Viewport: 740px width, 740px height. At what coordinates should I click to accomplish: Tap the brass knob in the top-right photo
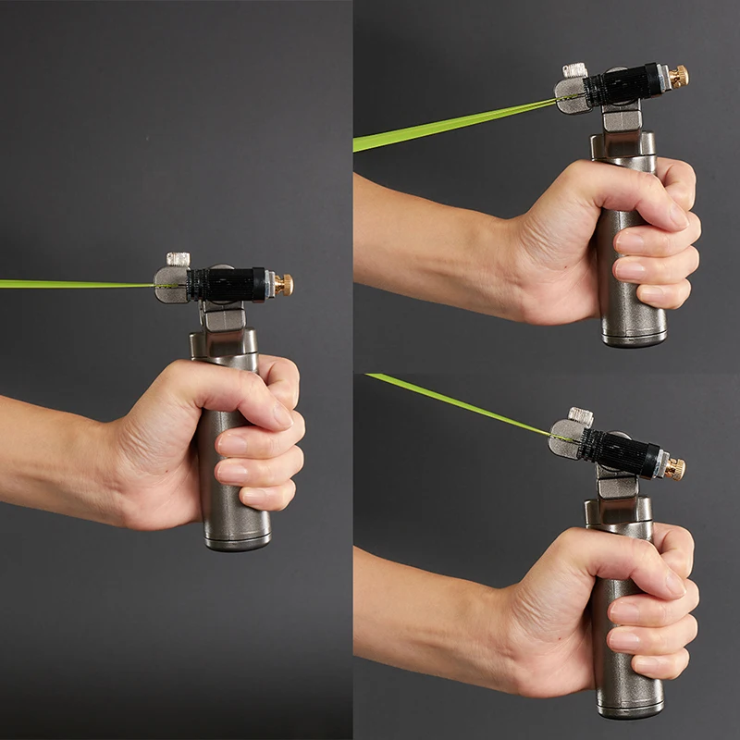coord(678,77)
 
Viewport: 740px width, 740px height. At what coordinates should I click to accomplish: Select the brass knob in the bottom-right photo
coord(674,468)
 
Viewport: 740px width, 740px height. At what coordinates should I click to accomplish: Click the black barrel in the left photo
coord(227,284)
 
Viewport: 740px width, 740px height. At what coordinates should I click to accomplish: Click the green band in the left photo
coord(74,284)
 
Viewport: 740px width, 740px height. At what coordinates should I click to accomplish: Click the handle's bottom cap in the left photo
coord(237,542)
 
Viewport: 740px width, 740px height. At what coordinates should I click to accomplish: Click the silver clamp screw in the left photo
coord(178,258)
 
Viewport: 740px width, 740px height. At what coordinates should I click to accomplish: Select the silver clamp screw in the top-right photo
coord(575,69)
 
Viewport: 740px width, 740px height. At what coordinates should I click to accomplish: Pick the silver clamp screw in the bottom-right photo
coord(580,415)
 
